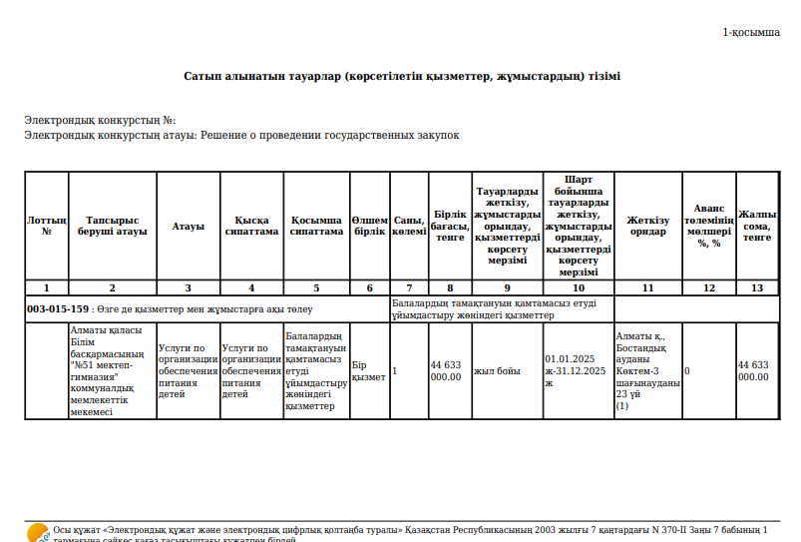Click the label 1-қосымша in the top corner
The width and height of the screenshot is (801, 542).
point(751,33)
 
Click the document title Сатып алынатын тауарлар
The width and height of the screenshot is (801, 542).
point(401,76)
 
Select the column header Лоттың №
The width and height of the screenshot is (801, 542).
point(46,226)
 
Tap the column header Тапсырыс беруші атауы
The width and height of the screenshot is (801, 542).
point(112,226)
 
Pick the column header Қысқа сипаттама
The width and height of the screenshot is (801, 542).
point(251,226)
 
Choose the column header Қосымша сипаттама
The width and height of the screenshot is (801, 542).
point(316,226)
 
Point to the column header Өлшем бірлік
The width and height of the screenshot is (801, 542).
point(370,226)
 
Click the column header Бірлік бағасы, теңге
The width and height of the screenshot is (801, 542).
point(450,226)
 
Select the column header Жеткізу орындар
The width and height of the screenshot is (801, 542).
point(647,226)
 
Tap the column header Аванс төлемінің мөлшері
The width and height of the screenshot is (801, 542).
point(709,226)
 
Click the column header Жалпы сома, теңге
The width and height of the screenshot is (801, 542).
point(757,226)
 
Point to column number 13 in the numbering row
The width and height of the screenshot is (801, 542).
point(757,287)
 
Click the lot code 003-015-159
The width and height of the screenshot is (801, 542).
point(57,308)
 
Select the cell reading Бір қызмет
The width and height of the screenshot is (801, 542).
point(368,371)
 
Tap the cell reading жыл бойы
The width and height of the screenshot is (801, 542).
point(497,371)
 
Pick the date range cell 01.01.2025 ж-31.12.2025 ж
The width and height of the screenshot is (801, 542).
point(576,370)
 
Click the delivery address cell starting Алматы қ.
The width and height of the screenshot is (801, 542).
point(647,371)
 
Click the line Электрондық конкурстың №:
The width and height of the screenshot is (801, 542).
point(100,121)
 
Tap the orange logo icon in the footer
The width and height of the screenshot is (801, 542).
point(37,532)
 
